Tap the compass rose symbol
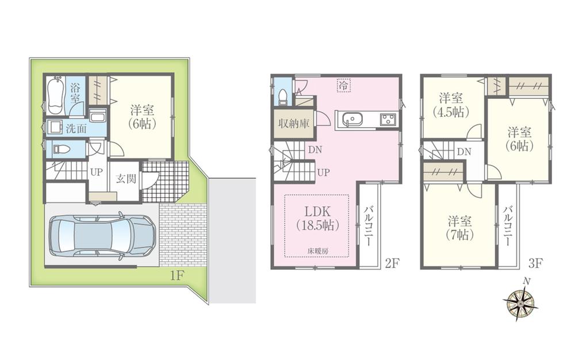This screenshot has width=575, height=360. [521, 302]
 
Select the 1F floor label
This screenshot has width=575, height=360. [177, 275]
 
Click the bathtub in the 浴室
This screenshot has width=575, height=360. [56, 95]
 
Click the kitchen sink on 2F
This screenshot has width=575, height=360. [351, 120]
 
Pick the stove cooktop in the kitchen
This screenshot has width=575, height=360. [386, 120]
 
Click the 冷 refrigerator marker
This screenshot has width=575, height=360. [343, 85]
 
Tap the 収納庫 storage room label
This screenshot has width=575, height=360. [293, 124]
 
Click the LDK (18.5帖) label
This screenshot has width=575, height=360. [316, 217]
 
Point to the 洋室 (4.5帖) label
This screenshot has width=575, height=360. [451, 104]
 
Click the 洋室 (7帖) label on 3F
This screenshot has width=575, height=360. [460, 227]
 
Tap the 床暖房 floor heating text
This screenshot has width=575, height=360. [316, 251]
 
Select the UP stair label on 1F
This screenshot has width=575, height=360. [95, 172]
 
